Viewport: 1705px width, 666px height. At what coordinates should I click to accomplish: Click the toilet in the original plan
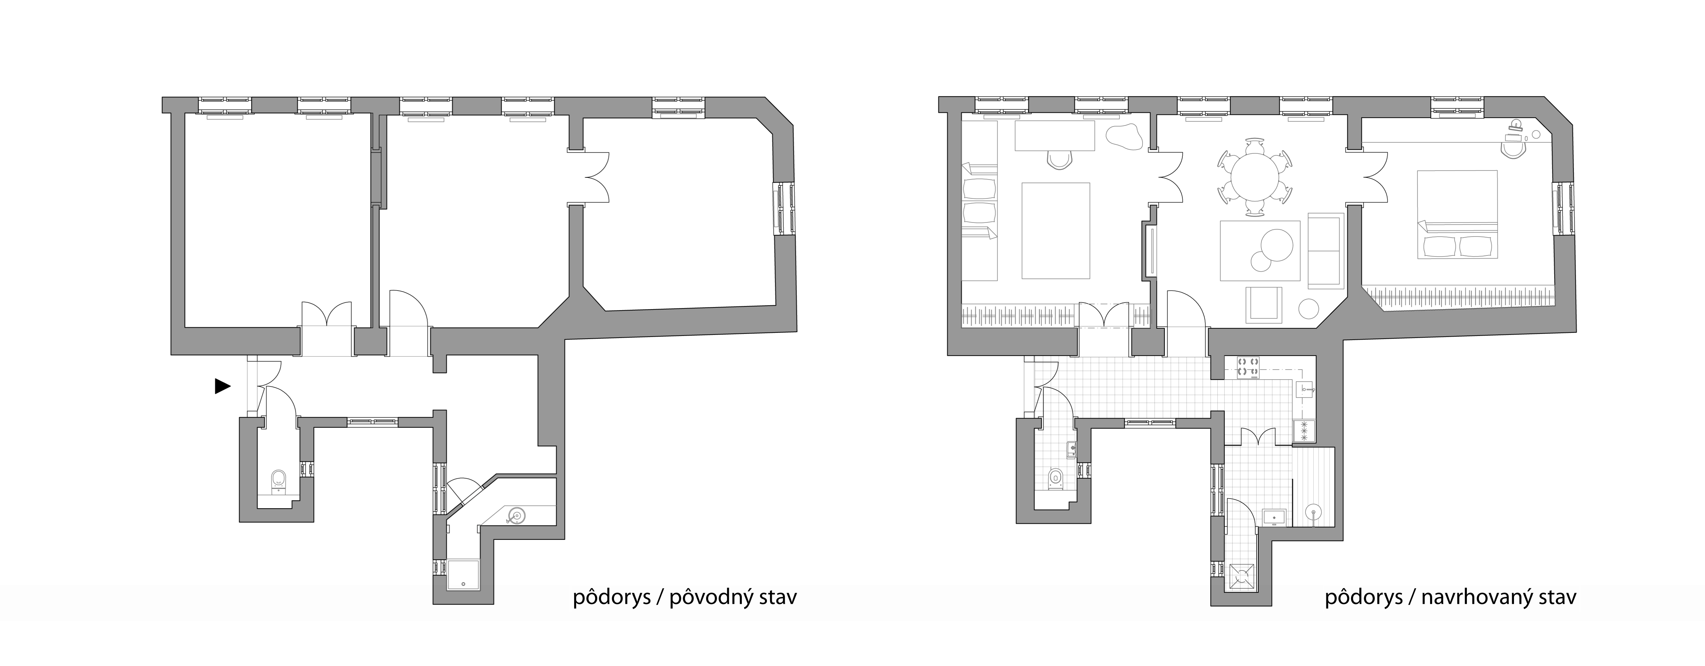[279, 481]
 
